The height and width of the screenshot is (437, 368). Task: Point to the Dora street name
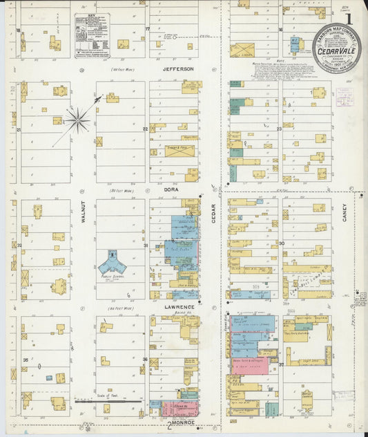(172, 187)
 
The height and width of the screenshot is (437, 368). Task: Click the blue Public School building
(111, 262)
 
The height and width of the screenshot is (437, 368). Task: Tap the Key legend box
(92, 35)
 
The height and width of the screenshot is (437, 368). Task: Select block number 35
(26, 360)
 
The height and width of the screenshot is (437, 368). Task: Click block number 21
(20, 129)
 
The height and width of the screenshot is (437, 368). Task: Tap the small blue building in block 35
(48, 378)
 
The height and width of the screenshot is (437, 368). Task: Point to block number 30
(282, 243)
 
